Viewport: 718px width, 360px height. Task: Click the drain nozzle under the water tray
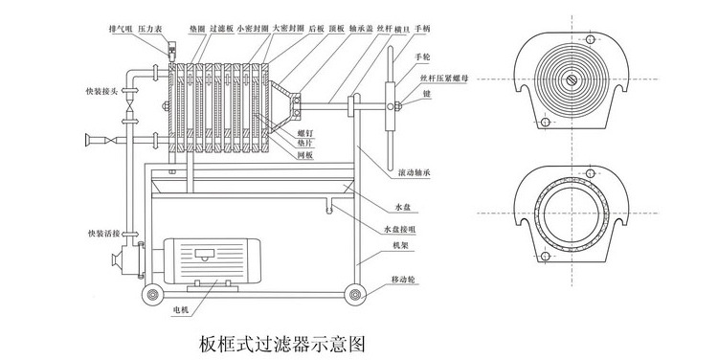click(327, 204)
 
